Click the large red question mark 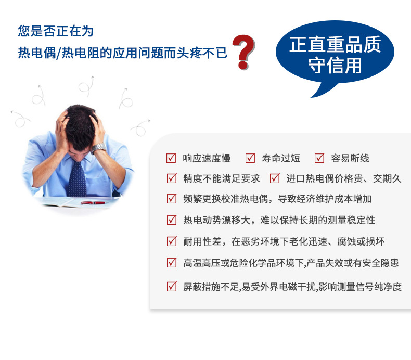pyautogui.click(x=244, y=52)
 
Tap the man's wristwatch pyautogui.click(x=98, y=148)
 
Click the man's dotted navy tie pyautogui.click(x=77, y=179)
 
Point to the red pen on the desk pyautogui.click(x=93, y=203)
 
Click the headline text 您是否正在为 pyautogui.click(x=56, y=31)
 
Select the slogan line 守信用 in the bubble pyautogui.click(x=335, y=65)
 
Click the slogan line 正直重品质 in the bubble pyautogui.click(x=335, y=45)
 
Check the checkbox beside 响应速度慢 pyautogui.click(x=172, y=158)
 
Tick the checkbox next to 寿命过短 pyautogui.click(x=250, y=158)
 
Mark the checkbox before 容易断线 pyautogui.click(x=319, y=158)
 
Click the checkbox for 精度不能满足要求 pyautogui.click(x=172, y=178)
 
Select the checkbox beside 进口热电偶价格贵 pyautogui.click(x=275, y=178)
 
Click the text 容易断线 pyautogui.click(x=350, y=158)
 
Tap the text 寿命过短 pyautogui.click(x=281, y=158)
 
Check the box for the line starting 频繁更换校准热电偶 pyautogui.click(x=172, y=199)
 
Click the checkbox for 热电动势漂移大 pyautogui.click(x=172, y=220)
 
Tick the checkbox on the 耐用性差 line pyautogui.click(x=172, y=241)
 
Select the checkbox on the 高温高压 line pyautogui.click(x=172, y=263)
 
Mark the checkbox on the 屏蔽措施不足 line pyautogui.click(x=172, y=287)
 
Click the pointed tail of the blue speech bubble pyautogui.click(x=312, y=97)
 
